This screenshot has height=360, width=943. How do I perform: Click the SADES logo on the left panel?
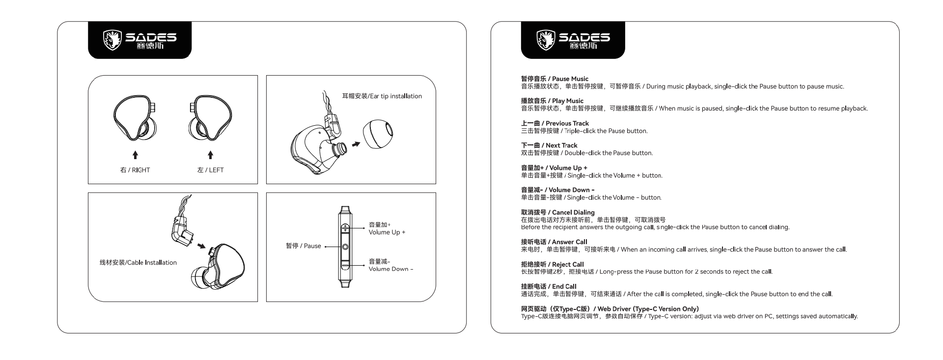(139, 40)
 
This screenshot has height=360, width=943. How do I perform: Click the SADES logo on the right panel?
(573, 40)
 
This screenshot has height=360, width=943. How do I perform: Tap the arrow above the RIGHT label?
(136, 155)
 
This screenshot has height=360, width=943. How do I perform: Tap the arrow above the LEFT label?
(211, 155)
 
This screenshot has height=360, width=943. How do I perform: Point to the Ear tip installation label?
(382, 96)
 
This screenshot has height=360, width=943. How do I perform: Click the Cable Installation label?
(138, 263)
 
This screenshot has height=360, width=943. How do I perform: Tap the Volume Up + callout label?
(387, 228)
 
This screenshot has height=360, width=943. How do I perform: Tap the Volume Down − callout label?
(391, 265)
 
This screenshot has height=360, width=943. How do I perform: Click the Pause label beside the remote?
(304, 246)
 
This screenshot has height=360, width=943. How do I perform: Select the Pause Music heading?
(555, 79)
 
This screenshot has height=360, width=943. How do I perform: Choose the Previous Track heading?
(555, 123)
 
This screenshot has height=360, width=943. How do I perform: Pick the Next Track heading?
(549, 145)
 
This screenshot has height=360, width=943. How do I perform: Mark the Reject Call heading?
(553, 264)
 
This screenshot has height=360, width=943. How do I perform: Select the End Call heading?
(549, 286)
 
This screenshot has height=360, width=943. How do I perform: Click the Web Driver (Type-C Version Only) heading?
(610, 309)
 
